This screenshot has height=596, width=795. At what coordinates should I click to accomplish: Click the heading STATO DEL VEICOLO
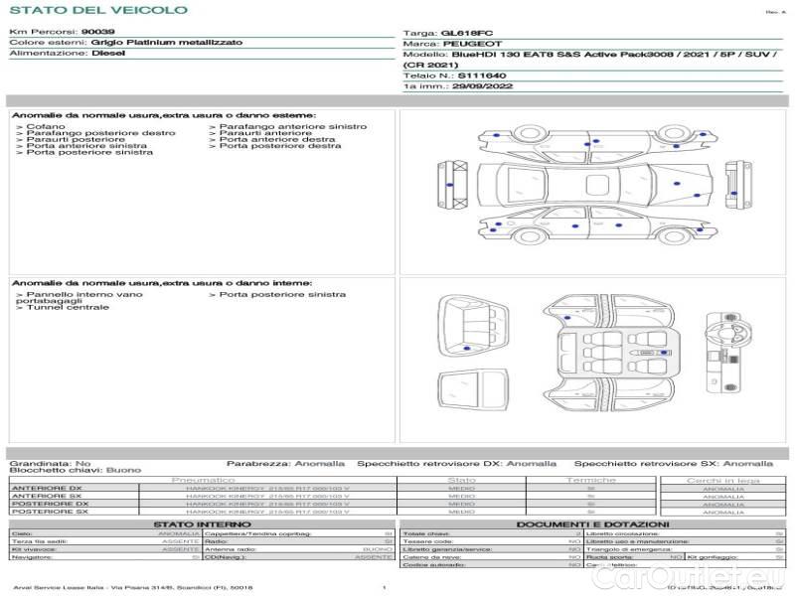[97, 10]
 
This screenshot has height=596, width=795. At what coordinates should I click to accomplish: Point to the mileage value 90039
[98, 33]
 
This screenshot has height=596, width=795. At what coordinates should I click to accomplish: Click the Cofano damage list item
[46, 127]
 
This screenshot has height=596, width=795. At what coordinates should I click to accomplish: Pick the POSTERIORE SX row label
[49, 512]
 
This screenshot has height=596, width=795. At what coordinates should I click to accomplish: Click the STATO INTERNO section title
[196, 523]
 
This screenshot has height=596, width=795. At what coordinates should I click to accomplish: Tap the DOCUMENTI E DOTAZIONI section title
[592, 523]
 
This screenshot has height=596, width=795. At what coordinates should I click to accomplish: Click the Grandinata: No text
[50, 463]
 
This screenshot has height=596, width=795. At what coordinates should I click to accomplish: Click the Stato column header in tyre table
[462, 480]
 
